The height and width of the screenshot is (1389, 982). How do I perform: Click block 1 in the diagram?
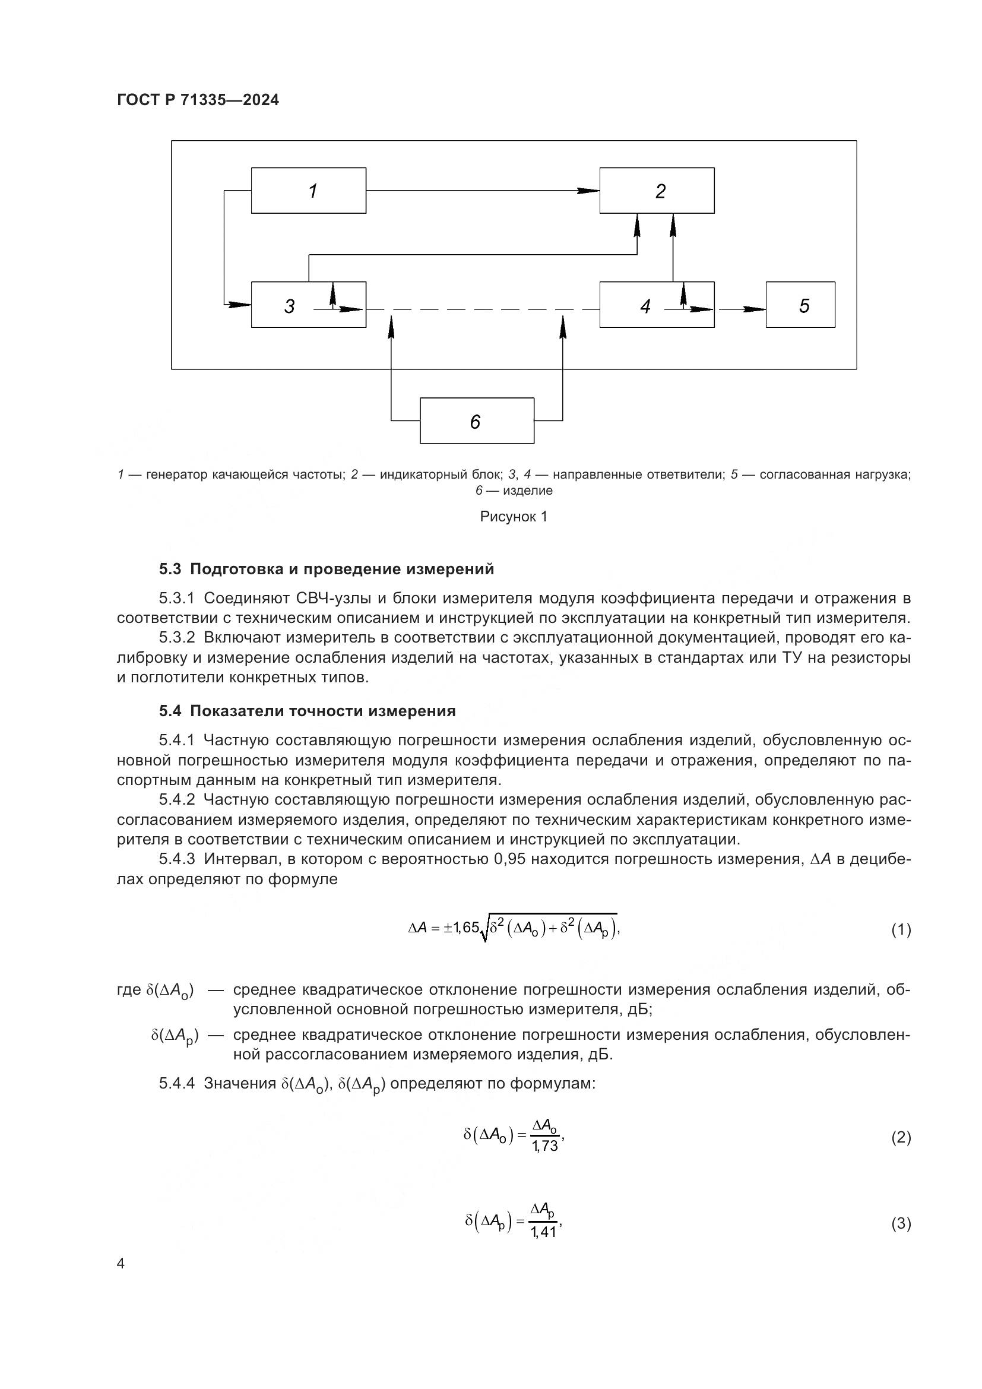tap(308, 191)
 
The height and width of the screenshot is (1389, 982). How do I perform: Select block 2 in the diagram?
tap(657, 191)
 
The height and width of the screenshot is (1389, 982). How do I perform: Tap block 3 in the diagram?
tap(308, 305)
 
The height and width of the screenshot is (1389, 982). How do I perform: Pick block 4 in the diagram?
tap(657, 305)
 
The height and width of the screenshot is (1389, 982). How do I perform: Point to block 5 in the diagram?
tap(800, 305)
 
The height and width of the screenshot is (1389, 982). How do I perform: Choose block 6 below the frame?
tap(477, 421)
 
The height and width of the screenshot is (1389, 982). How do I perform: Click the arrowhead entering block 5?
tap(756, 309)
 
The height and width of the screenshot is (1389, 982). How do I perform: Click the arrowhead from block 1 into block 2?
tap(588, 191)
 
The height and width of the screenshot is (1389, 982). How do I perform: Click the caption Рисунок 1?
tap(514, 517)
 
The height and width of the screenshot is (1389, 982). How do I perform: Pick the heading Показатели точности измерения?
tap(323, 711)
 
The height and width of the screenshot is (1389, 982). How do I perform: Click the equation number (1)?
tap(901, 929)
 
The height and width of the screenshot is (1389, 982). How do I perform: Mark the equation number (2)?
tap(901, 1138)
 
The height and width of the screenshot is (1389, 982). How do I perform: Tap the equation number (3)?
tap(901, 1225)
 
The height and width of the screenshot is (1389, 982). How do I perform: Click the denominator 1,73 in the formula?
tap(545, 1146)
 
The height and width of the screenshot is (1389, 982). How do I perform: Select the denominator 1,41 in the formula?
tap(544, 1232)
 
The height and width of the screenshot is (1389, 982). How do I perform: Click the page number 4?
tap(121, 1264)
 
